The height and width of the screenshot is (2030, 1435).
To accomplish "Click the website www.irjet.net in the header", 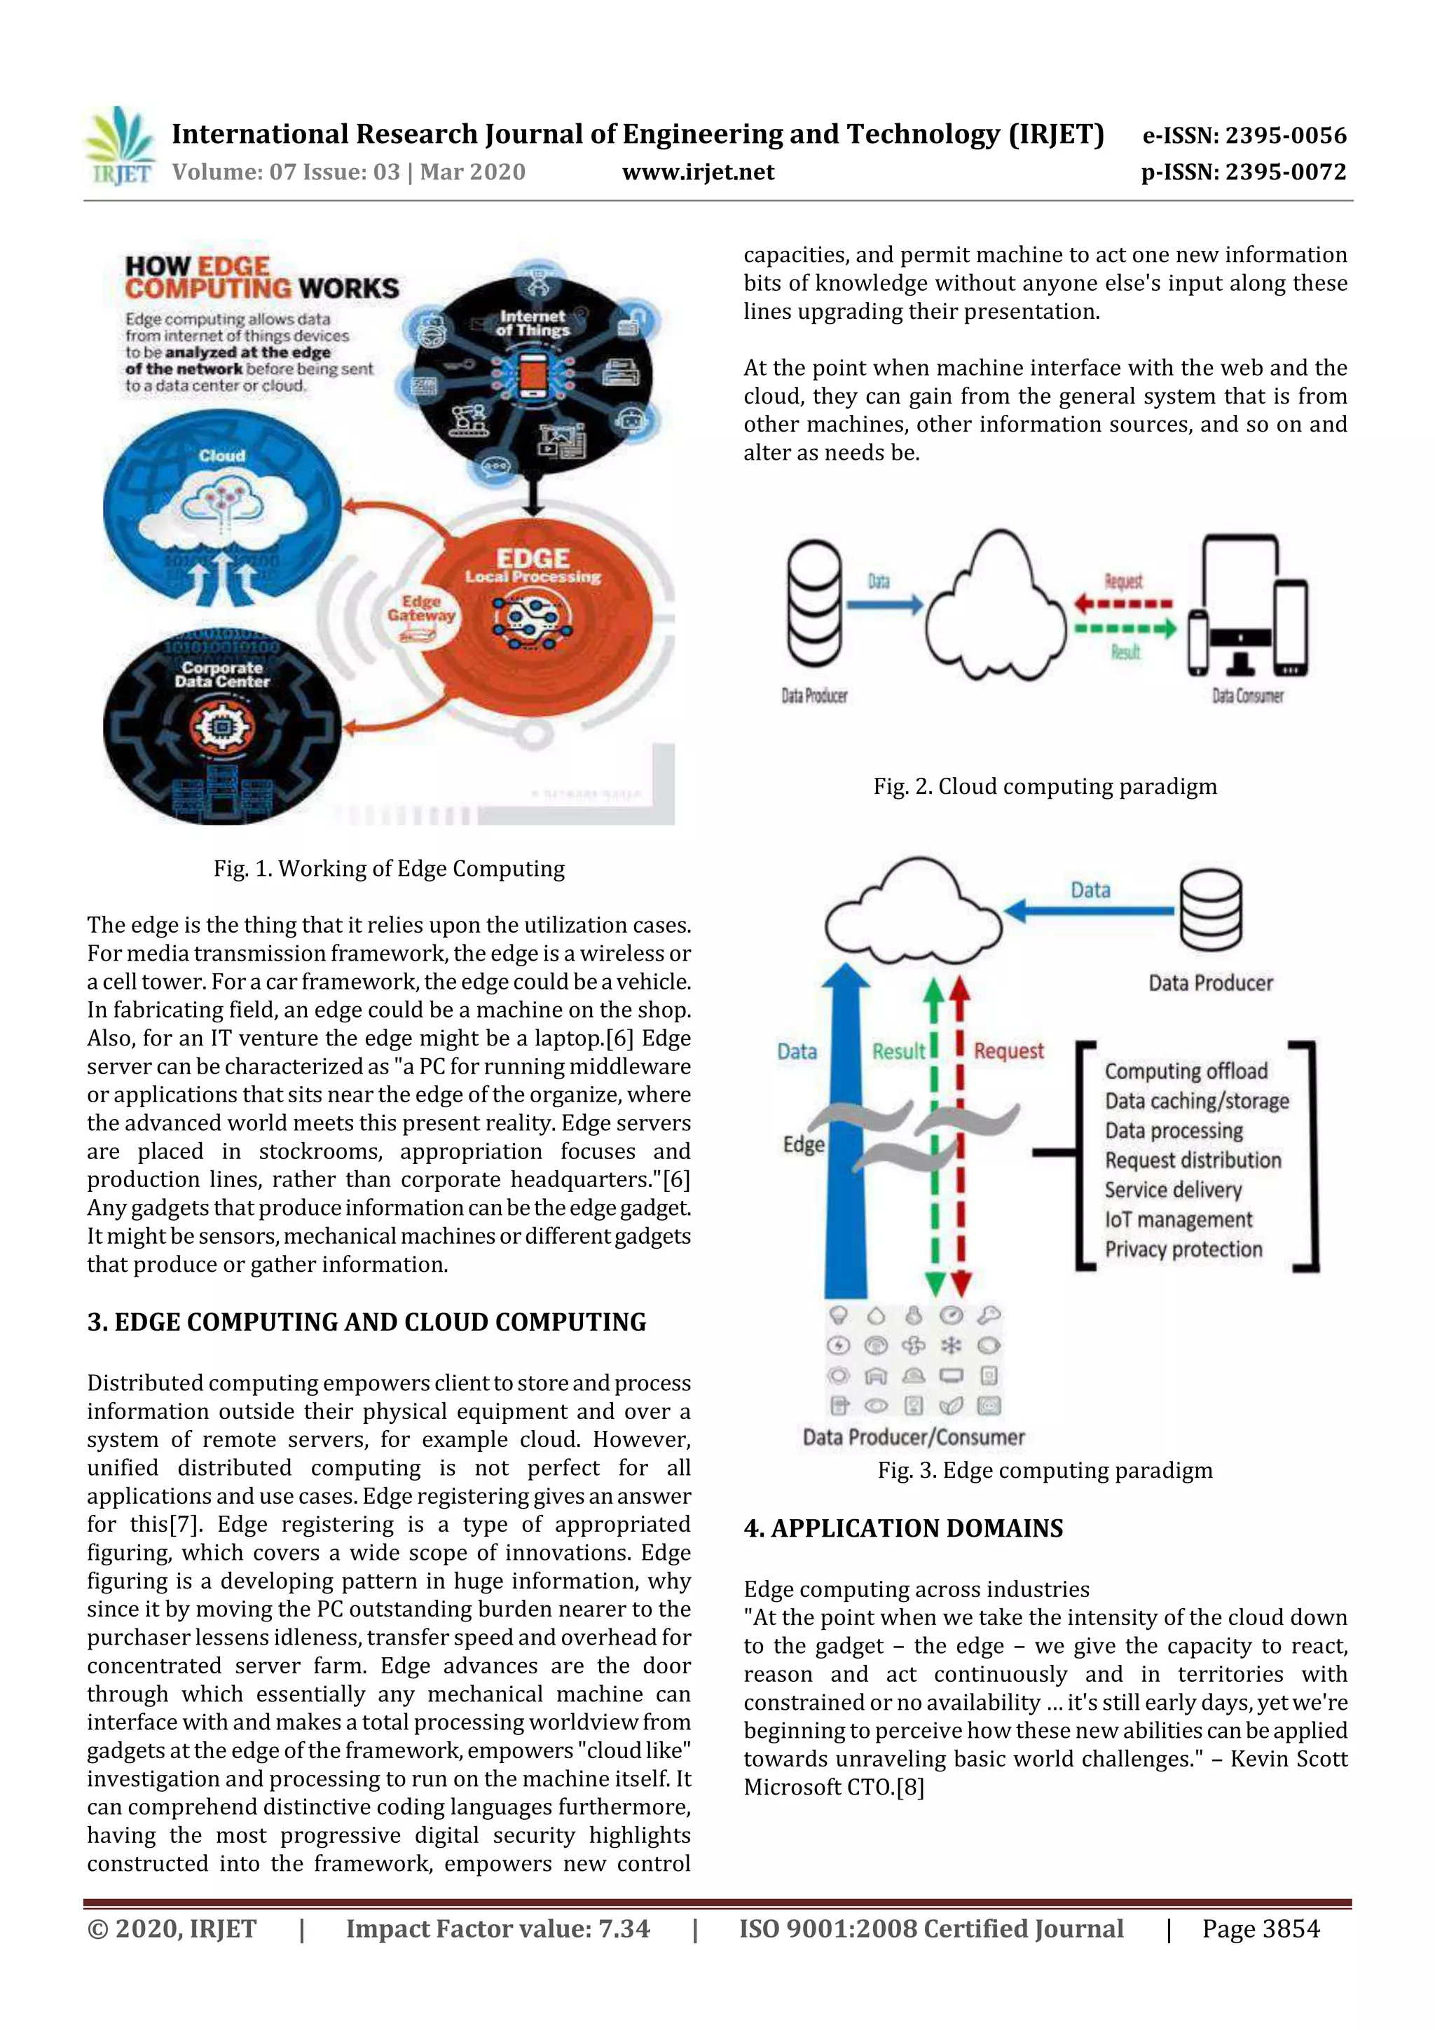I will point(698,172).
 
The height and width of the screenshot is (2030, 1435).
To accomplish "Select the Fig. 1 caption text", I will point(389,868).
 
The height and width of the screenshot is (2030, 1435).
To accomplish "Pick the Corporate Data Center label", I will point(222,675).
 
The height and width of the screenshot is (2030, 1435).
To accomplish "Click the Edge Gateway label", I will point(421,608).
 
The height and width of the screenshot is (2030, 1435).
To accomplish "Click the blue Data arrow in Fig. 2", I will point(884,605).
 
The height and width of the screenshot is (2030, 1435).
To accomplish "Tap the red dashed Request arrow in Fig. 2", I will point(1123,605).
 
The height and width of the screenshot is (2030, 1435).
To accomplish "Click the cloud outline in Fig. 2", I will point(996,610).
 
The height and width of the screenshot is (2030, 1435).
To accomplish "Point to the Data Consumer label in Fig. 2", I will point(1247,696).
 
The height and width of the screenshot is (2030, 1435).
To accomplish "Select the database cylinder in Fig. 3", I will point(1210,909).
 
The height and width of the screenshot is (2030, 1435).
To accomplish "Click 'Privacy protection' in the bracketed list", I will point(1183,1249).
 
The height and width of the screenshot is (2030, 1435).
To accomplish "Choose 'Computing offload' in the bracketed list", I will point(1186,1071).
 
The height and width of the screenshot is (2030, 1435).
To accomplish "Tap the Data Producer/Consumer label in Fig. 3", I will point(914,1438).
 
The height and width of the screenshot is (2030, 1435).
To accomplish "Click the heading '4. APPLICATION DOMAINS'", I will point(902,1529).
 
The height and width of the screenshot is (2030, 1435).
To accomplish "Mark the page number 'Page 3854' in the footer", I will point(1260,1928).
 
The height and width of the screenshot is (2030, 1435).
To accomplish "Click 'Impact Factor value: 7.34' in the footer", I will point(497,1928).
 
